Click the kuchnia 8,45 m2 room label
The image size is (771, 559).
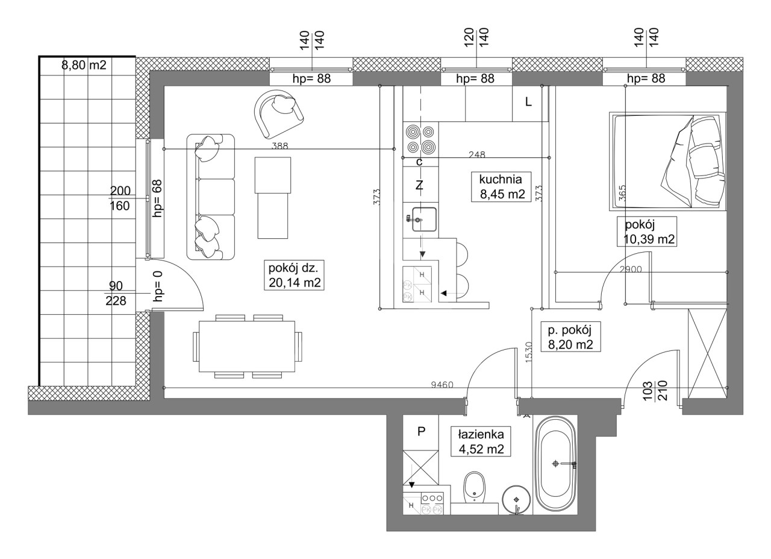[x=501, y=186]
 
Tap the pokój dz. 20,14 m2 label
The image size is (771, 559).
[x=294, y=275]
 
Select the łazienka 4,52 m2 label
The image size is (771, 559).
[x=481, y=442]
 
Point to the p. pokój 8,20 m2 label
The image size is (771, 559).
[x=570, y=336]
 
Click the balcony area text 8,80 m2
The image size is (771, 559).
[x=84, y=65]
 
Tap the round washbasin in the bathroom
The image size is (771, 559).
[x=516, y=500]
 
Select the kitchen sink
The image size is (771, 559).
[x=425, y=219]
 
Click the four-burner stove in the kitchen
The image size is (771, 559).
[x=421, y=139]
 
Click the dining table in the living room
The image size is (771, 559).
[x=247, y=346]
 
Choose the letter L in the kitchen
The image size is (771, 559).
[x=528, y=102]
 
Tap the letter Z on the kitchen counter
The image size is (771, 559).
[x=419, y=185]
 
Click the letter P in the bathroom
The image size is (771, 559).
[x=421, y=431]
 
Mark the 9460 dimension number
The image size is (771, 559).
[x=442, y=385]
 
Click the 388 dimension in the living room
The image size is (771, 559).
[x=279, y=146]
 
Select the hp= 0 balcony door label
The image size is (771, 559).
[x=158, y=286]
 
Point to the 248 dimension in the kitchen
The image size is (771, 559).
[x=477, y=155]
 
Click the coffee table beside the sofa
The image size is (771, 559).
[x=273, y=198]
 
